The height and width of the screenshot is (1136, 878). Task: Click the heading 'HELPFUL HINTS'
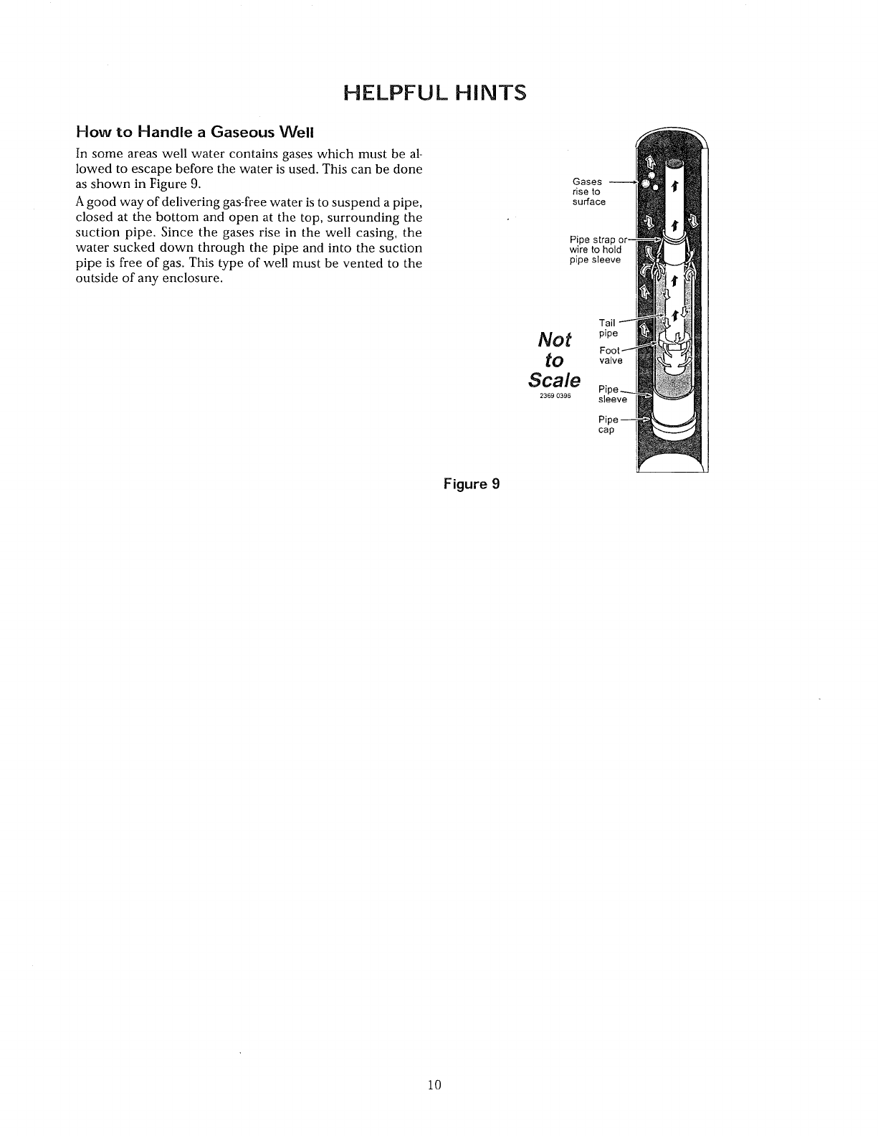click(x=435, y=93)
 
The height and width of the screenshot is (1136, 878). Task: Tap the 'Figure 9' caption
click(x=470, y=483)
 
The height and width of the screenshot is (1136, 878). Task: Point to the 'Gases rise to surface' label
click(x=588, y=191)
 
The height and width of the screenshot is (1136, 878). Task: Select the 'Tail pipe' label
click(x=607, y=328)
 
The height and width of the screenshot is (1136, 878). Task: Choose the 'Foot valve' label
click(x=611, y=355)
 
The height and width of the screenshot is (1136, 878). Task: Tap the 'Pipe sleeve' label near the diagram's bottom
click(x=612, y=394)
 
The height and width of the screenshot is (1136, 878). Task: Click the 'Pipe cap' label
click(x=607, y=425)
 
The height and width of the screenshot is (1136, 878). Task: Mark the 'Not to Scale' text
click(x=554, y=359)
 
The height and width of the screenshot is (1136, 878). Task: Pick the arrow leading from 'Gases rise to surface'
click(x=624, y=184)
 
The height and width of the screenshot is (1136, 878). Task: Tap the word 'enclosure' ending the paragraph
click(x=190, y=279)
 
